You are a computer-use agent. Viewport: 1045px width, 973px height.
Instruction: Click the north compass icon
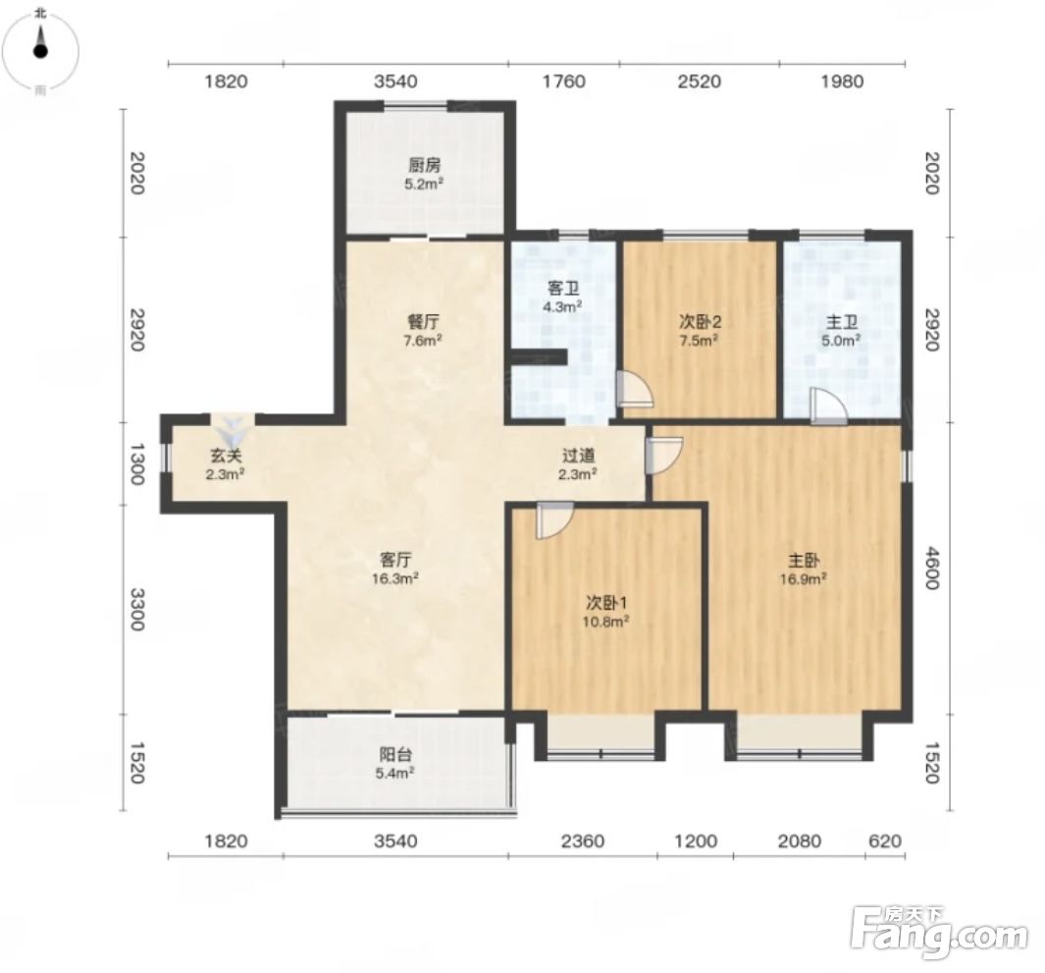tap(40, 50)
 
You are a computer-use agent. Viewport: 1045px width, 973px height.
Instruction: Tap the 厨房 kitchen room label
tap(424, 164)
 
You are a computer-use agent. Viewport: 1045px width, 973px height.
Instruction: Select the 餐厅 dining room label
tap(423, 321)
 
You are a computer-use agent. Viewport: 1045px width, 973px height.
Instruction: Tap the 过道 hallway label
tap(578, 457)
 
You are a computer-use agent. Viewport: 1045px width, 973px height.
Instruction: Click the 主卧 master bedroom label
tap(804, 561)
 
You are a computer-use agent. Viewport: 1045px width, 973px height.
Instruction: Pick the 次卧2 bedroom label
tap(700, 321)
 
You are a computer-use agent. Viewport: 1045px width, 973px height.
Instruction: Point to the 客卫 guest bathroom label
tap(563, 289)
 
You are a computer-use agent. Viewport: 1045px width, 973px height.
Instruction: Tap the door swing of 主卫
tap(829, 406)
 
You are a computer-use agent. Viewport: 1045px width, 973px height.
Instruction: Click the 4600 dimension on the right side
tap(932, 568)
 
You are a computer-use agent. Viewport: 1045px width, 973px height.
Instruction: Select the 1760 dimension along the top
tap(564, 81)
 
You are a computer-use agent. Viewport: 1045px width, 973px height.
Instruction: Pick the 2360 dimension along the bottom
tap(583, 841)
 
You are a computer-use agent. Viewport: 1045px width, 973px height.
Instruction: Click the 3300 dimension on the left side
tap(137, 609)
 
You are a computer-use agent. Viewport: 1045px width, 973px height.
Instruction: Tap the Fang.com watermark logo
tap(940, 931)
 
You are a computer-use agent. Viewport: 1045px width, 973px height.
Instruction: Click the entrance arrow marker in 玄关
tap(234, 432)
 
